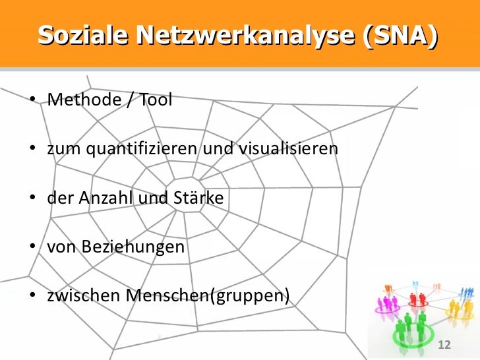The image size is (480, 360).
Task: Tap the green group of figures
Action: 411,326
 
